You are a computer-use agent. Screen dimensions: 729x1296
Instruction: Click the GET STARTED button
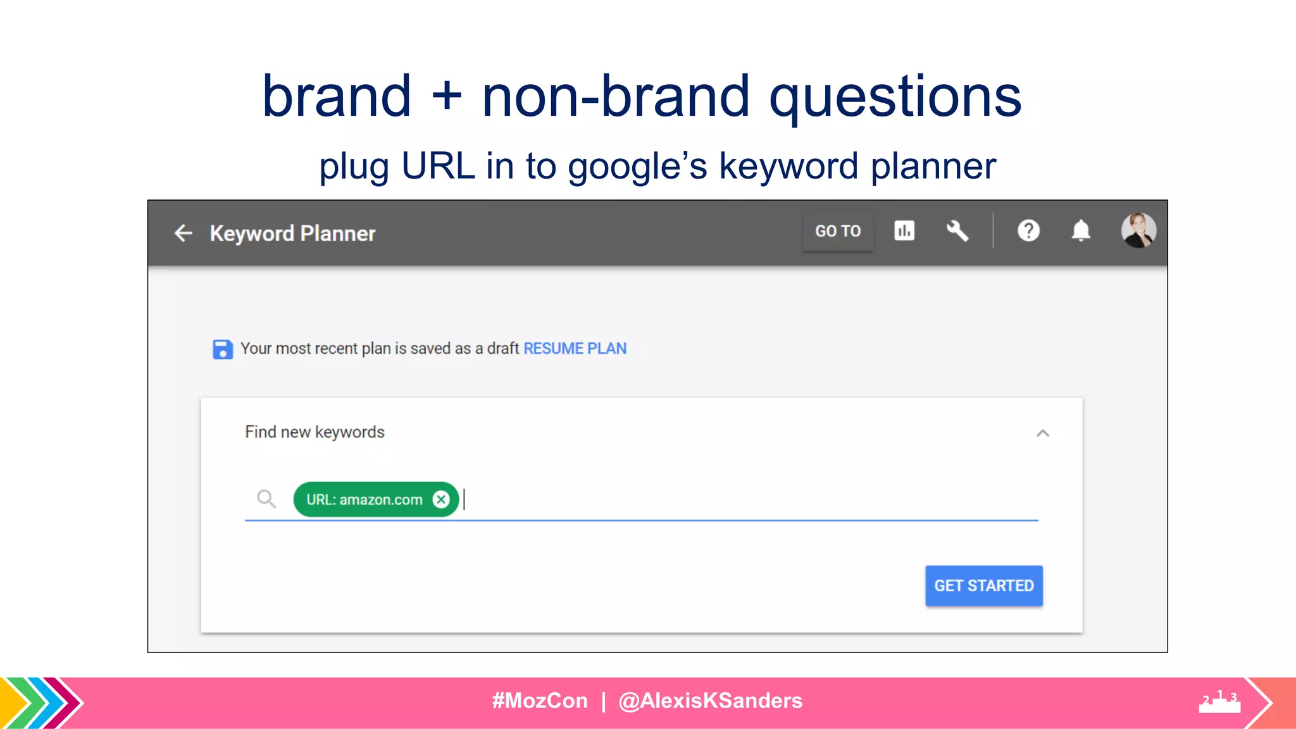tap(983, 585)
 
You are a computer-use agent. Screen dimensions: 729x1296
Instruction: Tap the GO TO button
tap(837, 231)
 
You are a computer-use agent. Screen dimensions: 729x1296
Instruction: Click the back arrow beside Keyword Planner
tap(183, 233)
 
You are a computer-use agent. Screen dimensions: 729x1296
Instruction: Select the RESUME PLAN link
tap(575, 348)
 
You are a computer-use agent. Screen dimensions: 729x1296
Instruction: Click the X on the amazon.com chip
tap(441, 499)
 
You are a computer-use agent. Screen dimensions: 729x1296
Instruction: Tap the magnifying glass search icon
tap(266, 499)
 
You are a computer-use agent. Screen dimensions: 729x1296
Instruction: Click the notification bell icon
tap(1081, 230)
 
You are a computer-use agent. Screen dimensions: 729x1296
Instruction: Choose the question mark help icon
tap(1028, 230)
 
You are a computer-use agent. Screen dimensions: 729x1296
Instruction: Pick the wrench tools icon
tap(957, 230)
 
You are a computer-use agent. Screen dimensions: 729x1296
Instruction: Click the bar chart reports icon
tap(904, 230)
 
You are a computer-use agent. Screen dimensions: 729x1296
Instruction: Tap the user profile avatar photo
tap(1138, 230)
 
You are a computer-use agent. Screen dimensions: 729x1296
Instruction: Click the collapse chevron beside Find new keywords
tap(1043, 433)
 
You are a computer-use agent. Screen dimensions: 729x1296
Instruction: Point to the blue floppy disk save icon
tap(222, 349)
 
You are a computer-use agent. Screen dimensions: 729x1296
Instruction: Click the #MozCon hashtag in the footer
tap(540, 701)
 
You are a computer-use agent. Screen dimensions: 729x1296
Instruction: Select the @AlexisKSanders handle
tap(710, 701)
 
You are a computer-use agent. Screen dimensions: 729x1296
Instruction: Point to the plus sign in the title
tap(447, 97)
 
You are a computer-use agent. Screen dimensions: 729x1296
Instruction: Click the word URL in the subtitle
tap(438, 166)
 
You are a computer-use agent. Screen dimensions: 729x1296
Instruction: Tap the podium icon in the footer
tap(1219, 702)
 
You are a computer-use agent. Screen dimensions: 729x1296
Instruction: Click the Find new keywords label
tap(315, 432)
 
